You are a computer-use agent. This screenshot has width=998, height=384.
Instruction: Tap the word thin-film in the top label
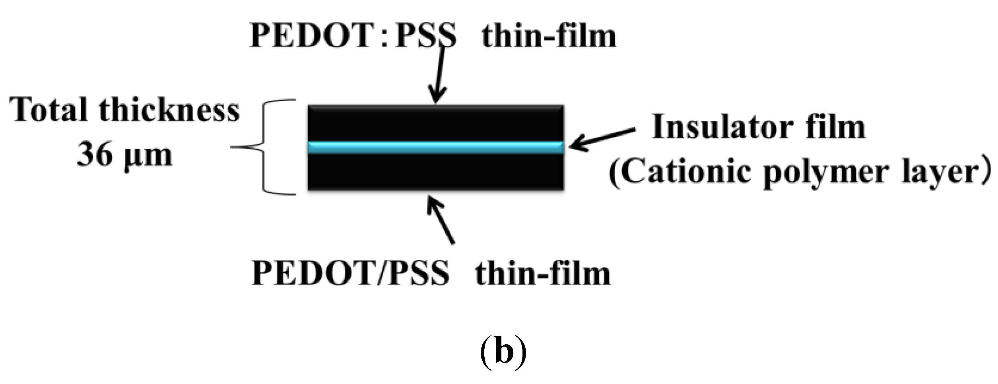[549, 36]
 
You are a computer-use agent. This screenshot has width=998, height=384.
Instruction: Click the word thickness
[169, 110]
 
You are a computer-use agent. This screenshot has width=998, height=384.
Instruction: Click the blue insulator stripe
[436, 147]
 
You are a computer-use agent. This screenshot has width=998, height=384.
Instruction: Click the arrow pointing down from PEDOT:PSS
[439, 76]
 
